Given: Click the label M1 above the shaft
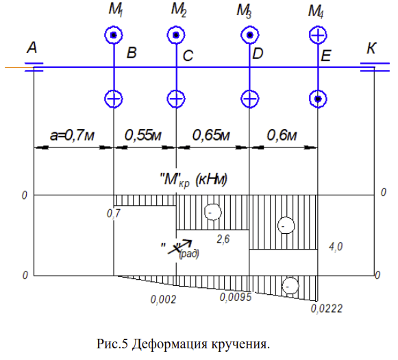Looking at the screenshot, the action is [x=116, y=10].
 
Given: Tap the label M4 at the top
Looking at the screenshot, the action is [x=316, y=12].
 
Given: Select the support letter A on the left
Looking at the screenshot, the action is [x=32, y=47].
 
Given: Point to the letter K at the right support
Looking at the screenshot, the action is [x=371, y=48].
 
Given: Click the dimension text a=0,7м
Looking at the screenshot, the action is [x=72, y=135].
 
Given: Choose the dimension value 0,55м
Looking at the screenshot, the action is [x=143, y=135].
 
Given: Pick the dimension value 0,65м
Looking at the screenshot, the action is [x=211, y=135].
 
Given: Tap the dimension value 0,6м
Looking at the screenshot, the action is [x=282, y=135].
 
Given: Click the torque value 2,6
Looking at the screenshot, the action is [x=223, y=239].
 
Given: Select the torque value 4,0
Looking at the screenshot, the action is [x=336, y=247].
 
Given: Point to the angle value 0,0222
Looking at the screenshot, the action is [x=327, y=309].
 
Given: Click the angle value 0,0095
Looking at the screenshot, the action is [x=235, y=297].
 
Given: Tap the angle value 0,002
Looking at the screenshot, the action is [x=163, y=300].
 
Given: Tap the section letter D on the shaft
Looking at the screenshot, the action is [x=258, y=53].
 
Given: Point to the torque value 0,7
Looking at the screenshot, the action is [x=114, y=214].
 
